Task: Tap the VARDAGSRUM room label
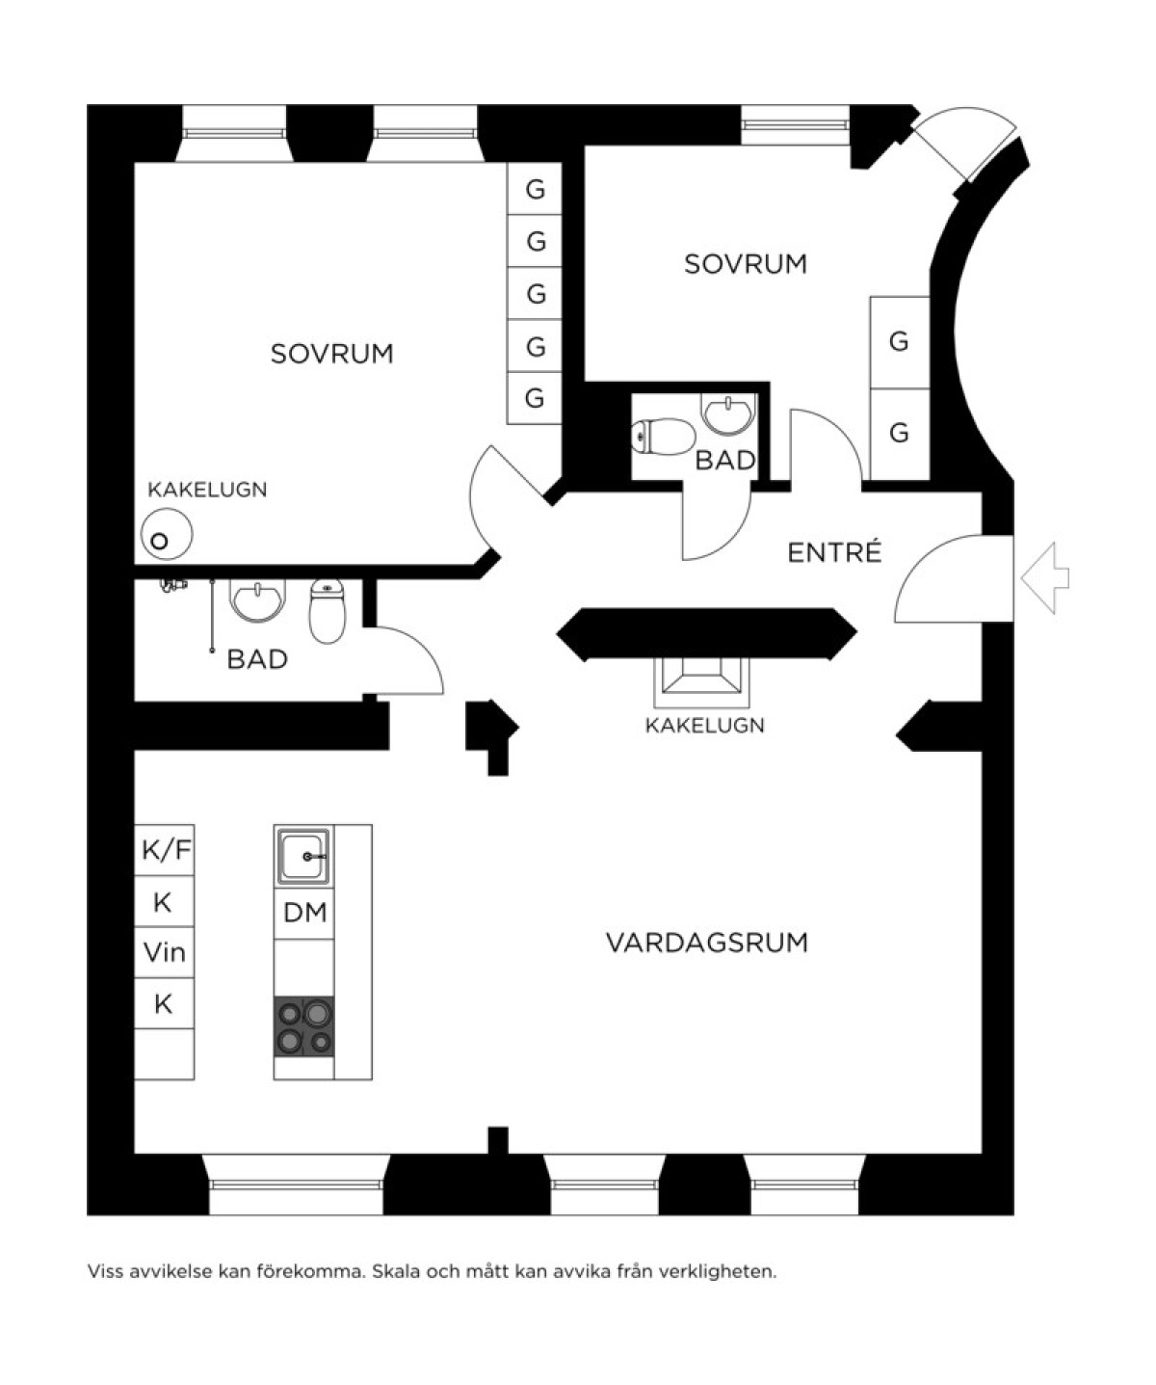click(707, 943)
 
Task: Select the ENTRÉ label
click(834, 552)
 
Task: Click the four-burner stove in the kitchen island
click(303, 1026)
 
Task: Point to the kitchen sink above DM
click(303, 856)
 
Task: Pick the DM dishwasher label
click(305, 914)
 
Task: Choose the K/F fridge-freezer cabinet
click(165, 850)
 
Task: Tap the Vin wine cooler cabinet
click(165, 952)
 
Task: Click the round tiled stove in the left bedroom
click(167, 534)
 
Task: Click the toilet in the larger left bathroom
click(328, 610)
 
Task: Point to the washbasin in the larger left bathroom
click(257, 599)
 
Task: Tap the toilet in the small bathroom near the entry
click(663, 436)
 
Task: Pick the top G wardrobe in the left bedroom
click(535, 188)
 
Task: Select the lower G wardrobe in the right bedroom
click(900, 434)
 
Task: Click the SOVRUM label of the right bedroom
click(746, 264)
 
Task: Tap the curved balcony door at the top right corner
click(965, 144)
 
